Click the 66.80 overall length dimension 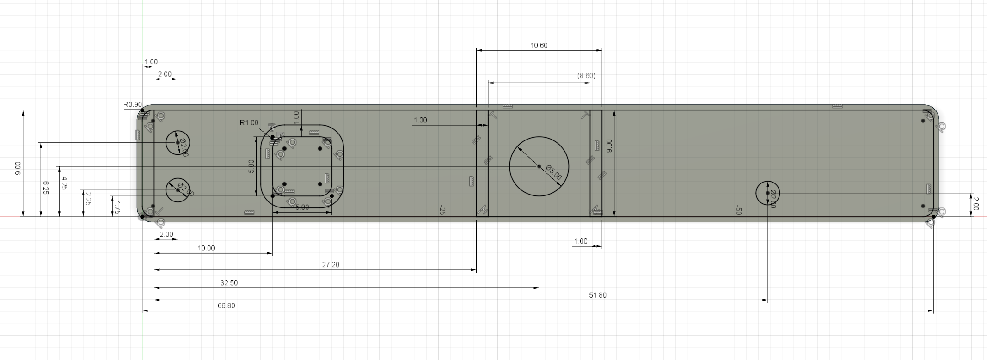[x=227, y=305]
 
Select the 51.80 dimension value [x=597, y=295]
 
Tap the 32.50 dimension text [x=229, y=282]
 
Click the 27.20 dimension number [x=331, y=265]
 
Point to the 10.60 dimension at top [x=539, y=45]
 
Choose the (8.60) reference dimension [x=586, y=75]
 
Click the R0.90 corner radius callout [x=133, y=104]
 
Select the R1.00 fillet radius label [x=249, y=122]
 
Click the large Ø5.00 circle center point [x=539, y=166]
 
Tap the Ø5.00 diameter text [x=554, y=172]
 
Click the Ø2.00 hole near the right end [x=767, y=193]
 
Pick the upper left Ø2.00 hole [x=178, y=142]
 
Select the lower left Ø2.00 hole [x=178, y=190]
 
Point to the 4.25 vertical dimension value [x=64, y=183]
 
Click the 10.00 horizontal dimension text [x=206, y=248]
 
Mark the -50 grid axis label [x=738, y=211]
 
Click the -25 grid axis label [x=442, y=211]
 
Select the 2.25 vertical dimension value [x=88, y=199]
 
